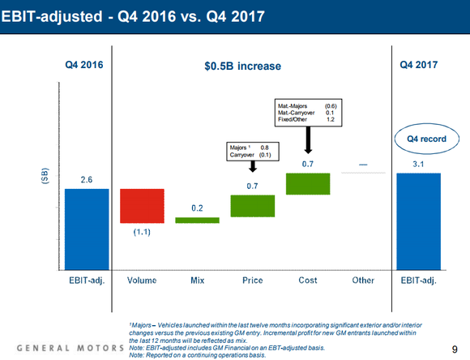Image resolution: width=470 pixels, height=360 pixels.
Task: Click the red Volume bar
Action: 143,206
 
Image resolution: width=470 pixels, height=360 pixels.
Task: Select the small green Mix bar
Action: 198,220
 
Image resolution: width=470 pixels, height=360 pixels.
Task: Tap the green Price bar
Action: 253,206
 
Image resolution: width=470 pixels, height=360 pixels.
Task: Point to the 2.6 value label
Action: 88,179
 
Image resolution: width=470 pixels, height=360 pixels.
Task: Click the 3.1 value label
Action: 419,164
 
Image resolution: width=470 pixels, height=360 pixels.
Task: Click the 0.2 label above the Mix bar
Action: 198,208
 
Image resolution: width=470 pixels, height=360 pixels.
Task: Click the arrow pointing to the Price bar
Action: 252,165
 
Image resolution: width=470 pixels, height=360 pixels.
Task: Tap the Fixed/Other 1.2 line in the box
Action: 307,120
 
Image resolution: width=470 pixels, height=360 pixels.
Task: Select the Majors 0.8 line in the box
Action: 251,148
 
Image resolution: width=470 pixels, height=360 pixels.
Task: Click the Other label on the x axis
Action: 364,281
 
